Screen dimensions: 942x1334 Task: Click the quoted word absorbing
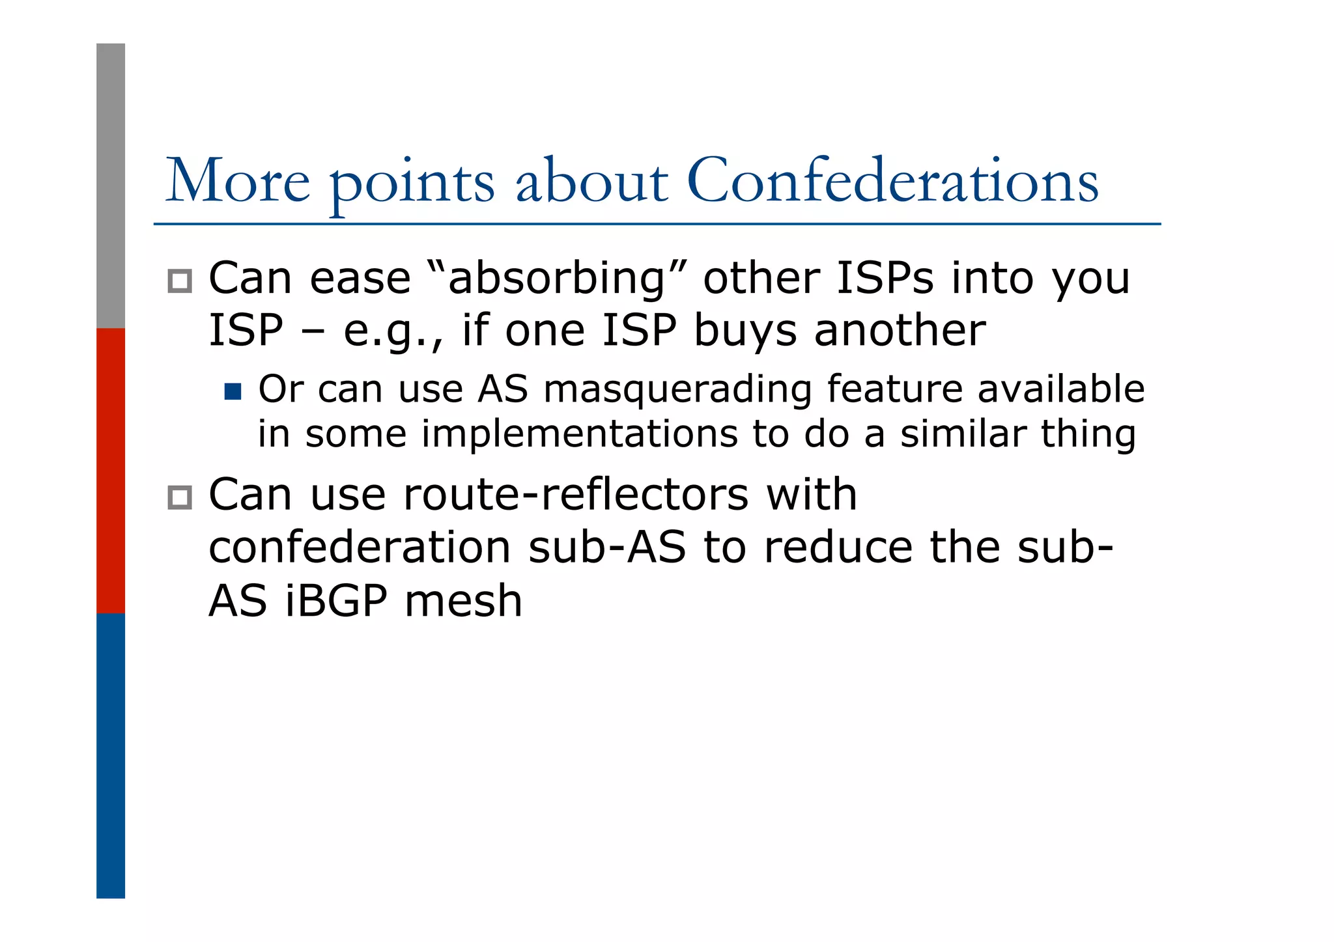(558, 279)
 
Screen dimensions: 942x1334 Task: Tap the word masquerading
(677, 391)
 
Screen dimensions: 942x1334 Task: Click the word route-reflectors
(576, 495)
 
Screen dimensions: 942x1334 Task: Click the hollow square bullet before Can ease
(180, 281)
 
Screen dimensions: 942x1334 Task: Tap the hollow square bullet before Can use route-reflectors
(180, 497)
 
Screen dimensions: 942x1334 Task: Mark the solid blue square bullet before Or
(233, 391)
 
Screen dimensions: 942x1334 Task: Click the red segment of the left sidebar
(111, 470)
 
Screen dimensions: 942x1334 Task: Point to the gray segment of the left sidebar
(111, 186)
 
